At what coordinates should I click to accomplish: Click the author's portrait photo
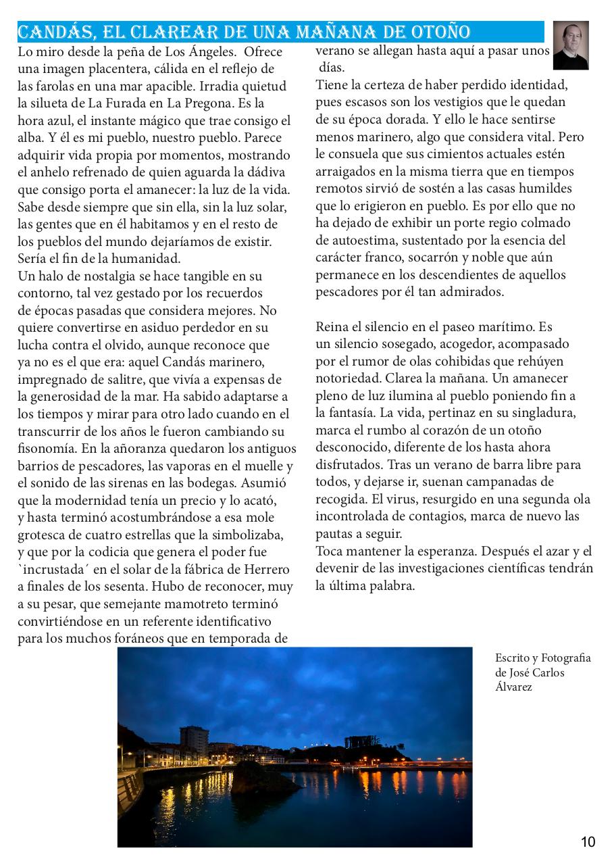[x=571, y=45]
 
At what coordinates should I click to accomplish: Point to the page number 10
[x=588, y=841]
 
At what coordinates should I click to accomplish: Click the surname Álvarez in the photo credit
[x=513, y=687]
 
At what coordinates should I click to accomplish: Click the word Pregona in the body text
[x=216, y=103]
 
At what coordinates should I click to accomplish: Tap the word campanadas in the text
[x=514, y=482]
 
